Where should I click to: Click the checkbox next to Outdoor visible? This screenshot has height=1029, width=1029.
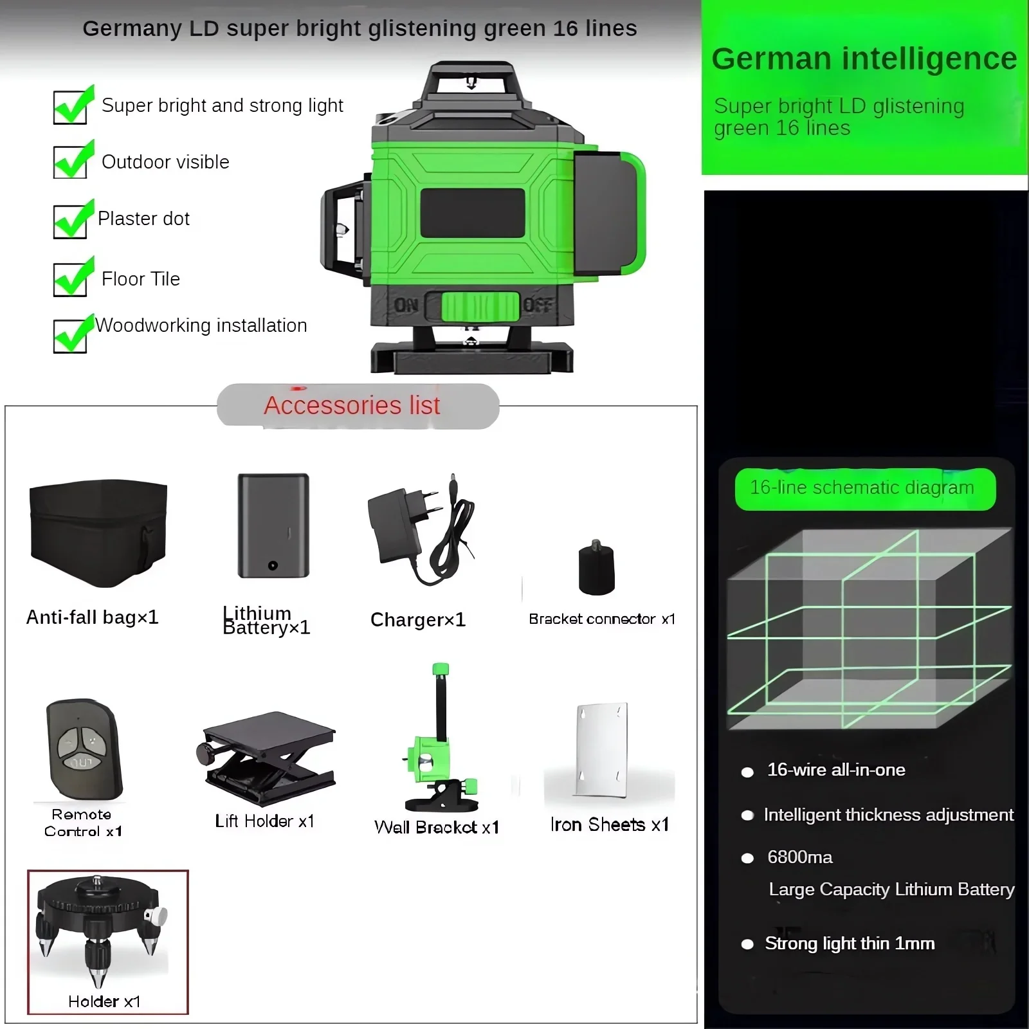coord(70,161)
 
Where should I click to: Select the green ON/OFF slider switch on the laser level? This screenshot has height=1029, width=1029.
coord(480,306)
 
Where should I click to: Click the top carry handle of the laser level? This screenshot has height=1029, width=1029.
coord(471,80)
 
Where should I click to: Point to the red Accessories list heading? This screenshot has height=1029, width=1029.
coord(352,406)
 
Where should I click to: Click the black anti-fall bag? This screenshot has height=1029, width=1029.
coord(98,533)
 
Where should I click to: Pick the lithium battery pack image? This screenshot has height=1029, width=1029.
coord(273,526)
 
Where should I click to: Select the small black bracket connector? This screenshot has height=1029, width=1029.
coord(597,569)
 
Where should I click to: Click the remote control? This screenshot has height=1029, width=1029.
coord(84,749)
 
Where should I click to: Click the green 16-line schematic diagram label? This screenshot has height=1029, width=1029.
coord(865,489)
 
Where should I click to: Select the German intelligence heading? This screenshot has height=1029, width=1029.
coord(864,59)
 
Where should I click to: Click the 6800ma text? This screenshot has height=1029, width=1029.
coord(799,857)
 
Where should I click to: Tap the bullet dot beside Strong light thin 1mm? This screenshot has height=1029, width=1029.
coord(747,944)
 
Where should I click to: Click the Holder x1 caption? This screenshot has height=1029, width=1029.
coord(104,1001)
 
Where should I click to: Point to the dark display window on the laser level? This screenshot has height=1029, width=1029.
coord(473,213)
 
